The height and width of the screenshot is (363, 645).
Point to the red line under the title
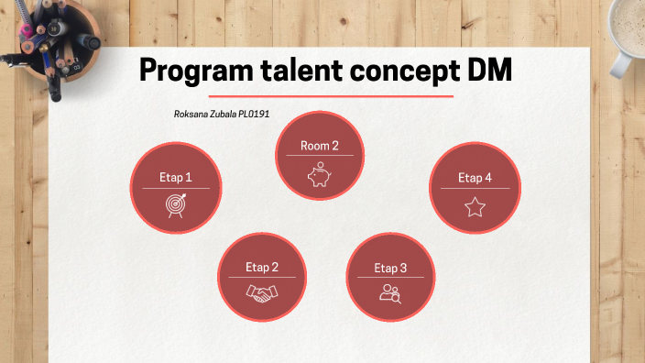pos(331,96)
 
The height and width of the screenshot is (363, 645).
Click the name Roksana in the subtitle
pos(191,115)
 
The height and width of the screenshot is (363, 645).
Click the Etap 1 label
pos(175,178)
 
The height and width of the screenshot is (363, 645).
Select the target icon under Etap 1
pos(175,204)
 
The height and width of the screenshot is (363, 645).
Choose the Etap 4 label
pos(475,178)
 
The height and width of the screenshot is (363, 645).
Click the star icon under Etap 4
pos(475,206)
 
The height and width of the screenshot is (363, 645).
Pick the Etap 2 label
pos(262,268)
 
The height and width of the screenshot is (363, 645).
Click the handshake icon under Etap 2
pos(262,293)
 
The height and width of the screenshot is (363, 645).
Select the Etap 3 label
pos(391,269)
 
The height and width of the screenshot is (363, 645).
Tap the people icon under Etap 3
pos(391,293)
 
